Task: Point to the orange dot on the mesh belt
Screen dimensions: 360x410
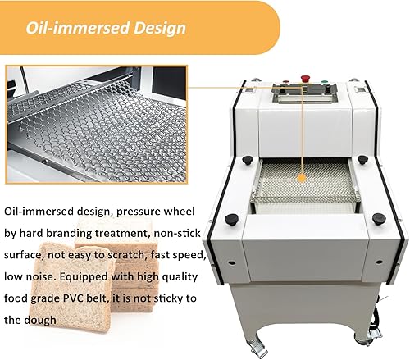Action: click(x=301, y=175)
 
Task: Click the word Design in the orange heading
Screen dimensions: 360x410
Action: click(x=158, y=28)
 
